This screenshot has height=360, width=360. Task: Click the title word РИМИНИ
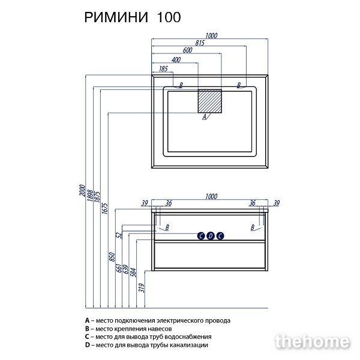tap(116, 17)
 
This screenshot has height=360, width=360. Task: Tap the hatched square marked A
tap(210, 101)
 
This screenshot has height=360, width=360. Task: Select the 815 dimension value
tap(200, 43)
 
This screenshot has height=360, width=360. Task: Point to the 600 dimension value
tap(187, 50)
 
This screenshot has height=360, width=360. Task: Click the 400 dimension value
tap(176, 59)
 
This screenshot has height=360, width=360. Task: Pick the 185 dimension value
tap(163, 68)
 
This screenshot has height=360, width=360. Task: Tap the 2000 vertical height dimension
tap(82, 190)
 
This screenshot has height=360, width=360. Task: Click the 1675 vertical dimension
tap(104, 208)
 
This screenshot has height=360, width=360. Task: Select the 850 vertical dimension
tap(112, 257)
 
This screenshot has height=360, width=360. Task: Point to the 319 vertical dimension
tap(142, 288)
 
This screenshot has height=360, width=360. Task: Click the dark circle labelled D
tap(211, 236)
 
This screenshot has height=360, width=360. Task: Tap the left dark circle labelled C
tap(201, 236)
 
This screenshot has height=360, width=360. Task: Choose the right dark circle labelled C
tap(220, 236)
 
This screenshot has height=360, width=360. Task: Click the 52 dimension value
tap(119, 235)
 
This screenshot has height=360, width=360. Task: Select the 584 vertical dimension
tap(133, 272)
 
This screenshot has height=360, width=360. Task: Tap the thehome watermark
tap(312, 341)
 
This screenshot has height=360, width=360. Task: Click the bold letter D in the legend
tap(87, 345)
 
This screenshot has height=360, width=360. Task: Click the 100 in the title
tap(169, 17)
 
